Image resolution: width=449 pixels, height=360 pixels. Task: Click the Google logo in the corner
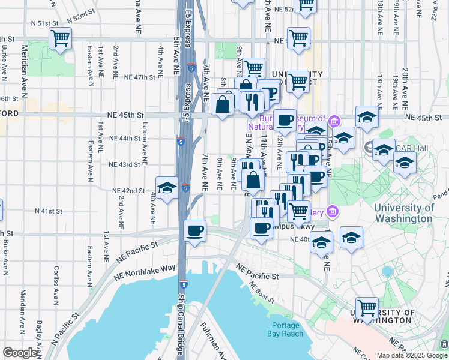point(20,353)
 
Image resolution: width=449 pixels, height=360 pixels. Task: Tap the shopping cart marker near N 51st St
point(60,39)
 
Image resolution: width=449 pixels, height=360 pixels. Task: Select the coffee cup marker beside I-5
point(194,232)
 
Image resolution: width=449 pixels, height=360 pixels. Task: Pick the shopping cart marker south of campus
point(367,309)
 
